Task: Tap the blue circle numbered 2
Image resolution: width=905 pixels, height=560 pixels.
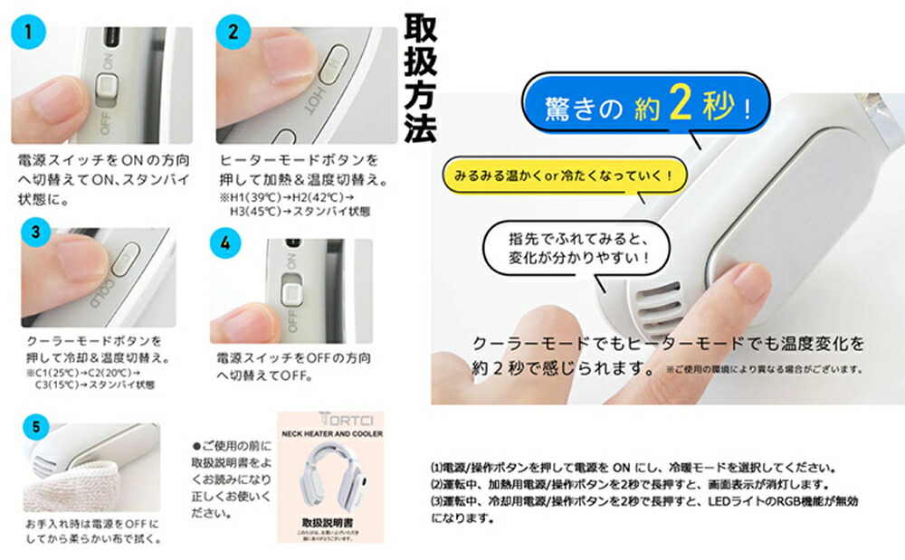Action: coord(233,33)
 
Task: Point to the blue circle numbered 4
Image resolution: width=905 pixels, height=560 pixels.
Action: coord(224,243)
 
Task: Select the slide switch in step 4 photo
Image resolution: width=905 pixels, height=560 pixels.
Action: coord(291,292)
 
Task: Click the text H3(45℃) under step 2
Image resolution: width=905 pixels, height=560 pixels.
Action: coord(252,213)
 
